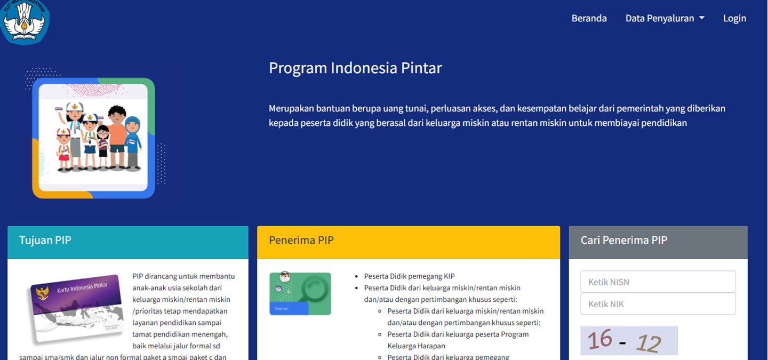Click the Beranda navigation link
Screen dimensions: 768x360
[x=589, y=18]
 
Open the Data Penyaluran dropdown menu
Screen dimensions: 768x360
[x=665, y=18]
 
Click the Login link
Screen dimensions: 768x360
[x=734, y=18]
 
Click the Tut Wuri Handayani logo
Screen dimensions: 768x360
[x=25, y=21]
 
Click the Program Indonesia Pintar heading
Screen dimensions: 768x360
[x=355, y=68]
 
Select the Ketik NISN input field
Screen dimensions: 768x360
[x=658, y=282]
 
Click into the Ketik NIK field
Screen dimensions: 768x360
[x=658, y=304]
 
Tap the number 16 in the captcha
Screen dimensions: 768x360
[x=600, y=339]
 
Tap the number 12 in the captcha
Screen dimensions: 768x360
[x=649, y=343]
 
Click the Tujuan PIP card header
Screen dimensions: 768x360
[x=128, y=242]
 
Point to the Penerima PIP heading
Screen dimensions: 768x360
[x=301, y=240]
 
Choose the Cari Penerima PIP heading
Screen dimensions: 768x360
[x=623, y=240]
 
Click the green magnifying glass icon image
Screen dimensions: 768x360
[x=300, y=293]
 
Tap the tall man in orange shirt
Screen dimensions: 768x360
[x=117, y=137]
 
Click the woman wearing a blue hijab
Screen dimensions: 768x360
[x=133, y=142]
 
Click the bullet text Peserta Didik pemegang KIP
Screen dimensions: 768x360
[x=409, y=276]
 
